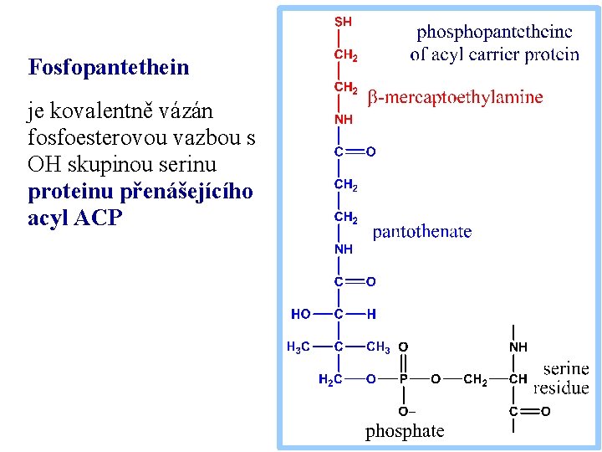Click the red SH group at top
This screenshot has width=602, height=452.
pyautogui.click(x=343, y=22)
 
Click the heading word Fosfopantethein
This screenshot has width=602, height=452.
pyautogui.click(x=109, y=67)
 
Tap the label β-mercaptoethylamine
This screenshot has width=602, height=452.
pyautogui.click(x=456, y=97)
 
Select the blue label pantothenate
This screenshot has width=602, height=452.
pyautogui.click(x=421, y=232)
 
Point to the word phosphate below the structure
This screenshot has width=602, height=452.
pyautogui.click(x=405, y=432)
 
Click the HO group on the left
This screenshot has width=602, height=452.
pyautogui.click(x=301, y=314)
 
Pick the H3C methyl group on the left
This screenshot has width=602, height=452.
pyautogui.click(x=298, y=347)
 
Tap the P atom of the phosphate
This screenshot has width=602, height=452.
pyautogui.click(x=403, y=379)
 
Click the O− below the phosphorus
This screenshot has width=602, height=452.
pyautogui.click(x=406, y=412)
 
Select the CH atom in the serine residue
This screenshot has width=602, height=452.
pyautogui.click(x=518, y=379)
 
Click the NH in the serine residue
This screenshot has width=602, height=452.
pyautogui.click(x=518, y=347)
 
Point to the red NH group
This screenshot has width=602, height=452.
pyautogui.click(x=343, y=120)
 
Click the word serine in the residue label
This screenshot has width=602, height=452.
pyautogui.click(x=566, y=368)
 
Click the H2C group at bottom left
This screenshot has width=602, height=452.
pyautogui.click(x=330, y=379)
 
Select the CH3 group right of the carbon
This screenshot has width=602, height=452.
pyautogui.click(x=378, y=347)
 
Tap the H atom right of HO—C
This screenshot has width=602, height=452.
pyautogui.click(x=371, y=314)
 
